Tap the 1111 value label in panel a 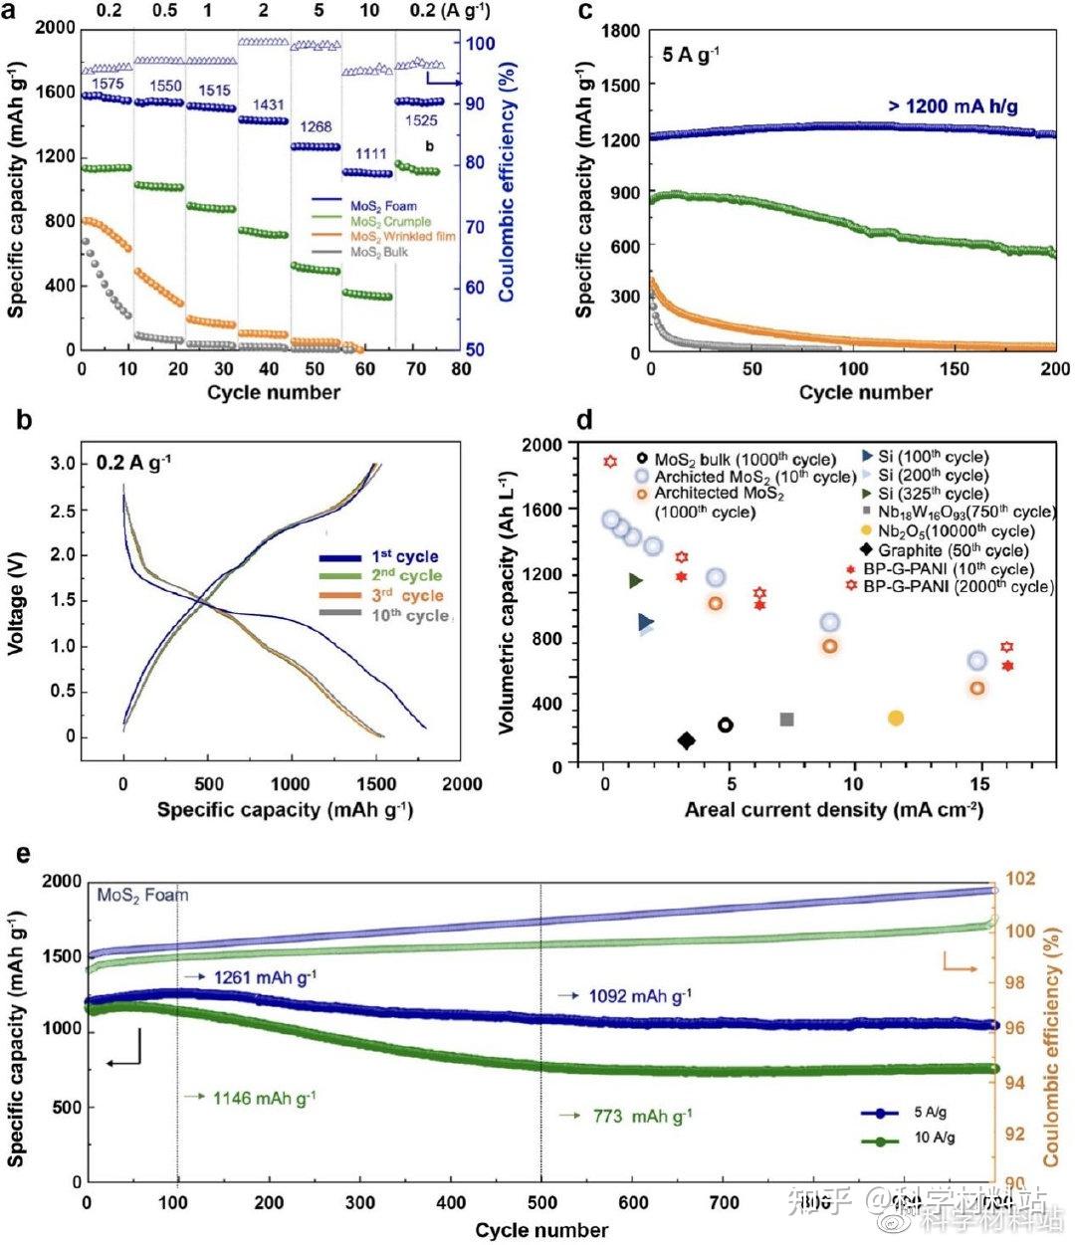click(370, 154)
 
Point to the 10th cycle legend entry click(410, 616)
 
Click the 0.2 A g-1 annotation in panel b click(132, 463)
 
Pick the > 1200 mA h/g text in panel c click(953, 106)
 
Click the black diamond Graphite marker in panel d click(686, 739)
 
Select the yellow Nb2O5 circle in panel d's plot click(896, 718)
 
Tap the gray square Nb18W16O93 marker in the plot click(786, 719)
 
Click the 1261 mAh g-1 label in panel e click(264, 978)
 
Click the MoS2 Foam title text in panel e click(142, 895)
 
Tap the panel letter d click(584, 421)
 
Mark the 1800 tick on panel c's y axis click(620, 32)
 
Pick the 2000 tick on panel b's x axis click(462, 784)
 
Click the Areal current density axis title click(833, 809)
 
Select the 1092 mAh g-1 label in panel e click(639, 995)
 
